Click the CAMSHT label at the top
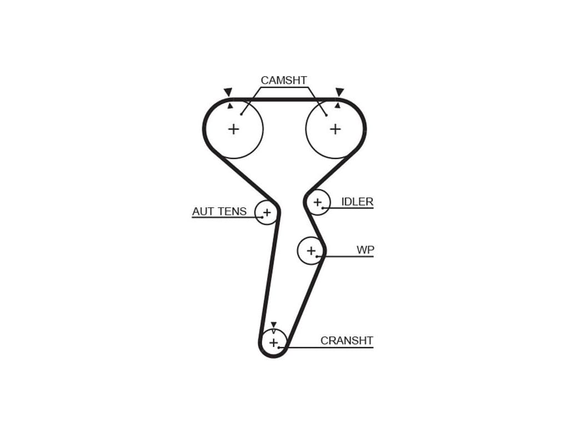pos(283,81)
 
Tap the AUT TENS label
pos(219,211)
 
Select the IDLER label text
pos(357,202)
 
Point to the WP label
pos(365,250)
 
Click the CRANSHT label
pos(347,341)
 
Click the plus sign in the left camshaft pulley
pos(233,129)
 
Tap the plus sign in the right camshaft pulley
pos(335,129)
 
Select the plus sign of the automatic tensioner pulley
pos(267,212)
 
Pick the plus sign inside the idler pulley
pos(317,202)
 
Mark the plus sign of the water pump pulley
pos(311,250)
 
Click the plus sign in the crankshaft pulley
pos(273,342)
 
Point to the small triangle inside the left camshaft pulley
pos(230,106)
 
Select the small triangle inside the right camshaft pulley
pos(337,105)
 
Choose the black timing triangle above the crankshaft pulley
pos(273,325)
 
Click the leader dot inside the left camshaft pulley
pos(241,115)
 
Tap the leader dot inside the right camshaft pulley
pos(326,115)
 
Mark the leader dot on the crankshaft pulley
pos(280,347)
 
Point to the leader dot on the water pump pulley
pos(317,256)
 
